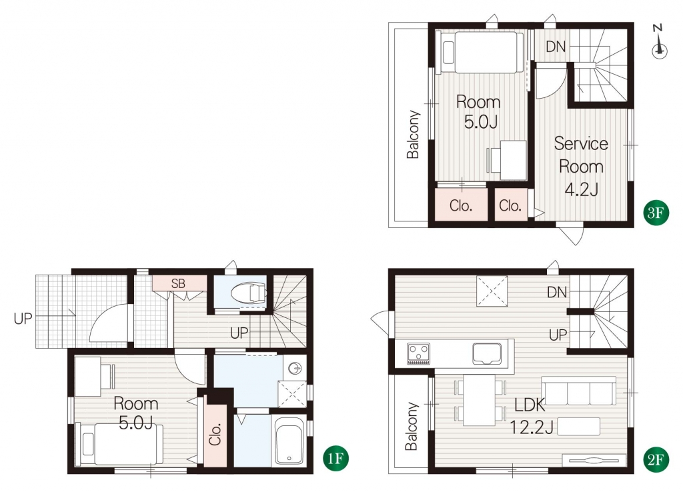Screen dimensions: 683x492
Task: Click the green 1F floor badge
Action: (x=336, y=459)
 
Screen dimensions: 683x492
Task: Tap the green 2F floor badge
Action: (x=656, y=459)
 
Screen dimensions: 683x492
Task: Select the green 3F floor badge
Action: (x=656, y=213)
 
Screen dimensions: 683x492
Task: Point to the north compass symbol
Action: (x=660, y=42)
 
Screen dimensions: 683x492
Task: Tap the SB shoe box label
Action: (x=178, y=284)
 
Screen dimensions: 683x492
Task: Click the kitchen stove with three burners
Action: (x=419, y=353)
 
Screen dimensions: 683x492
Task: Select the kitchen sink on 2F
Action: (x=487, y=353)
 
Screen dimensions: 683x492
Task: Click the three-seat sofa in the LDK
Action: (x=579, y=391)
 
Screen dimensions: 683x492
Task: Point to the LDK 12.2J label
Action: (x=531, y=417)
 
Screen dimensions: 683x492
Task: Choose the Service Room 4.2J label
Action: (x=581, y=166)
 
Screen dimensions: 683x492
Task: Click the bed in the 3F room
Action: (x=482, y=53)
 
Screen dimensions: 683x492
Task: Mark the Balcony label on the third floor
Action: (x=413, y=135)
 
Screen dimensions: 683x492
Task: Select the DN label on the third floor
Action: (x=556, y=47)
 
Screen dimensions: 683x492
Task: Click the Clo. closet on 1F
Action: (x=215, y=434)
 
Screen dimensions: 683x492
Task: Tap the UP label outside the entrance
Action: (x=23, y=319)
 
